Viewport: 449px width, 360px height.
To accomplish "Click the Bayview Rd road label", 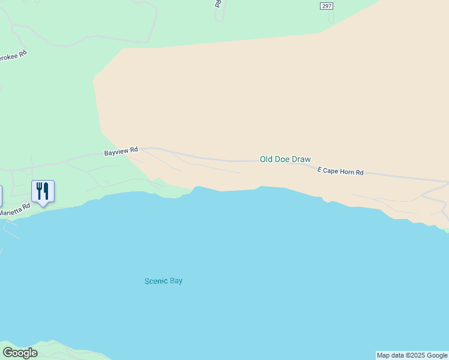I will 121,151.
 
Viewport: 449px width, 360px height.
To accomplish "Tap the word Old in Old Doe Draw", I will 266,159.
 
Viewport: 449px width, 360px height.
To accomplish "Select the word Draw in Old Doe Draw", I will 301,159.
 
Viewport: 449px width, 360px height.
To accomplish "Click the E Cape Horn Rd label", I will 340,172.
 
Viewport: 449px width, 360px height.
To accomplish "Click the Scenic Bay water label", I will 163,281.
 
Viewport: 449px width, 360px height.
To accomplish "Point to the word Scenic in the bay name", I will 156,281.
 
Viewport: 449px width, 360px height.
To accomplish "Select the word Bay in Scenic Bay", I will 176,281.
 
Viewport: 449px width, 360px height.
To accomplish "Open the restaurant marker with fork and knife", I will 43,191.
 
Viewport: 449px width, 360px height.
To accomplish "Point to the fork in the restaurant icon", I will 39,191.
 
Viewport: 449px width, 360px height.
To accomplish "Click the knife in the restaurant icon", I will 46,191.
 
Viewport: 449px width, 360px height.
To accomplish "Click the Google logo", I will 20,353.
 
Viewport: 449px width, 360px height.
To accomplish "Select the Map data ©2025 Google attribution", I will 412,355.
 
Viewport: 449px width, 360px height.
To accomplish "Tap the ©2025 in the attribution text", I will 414,355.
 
